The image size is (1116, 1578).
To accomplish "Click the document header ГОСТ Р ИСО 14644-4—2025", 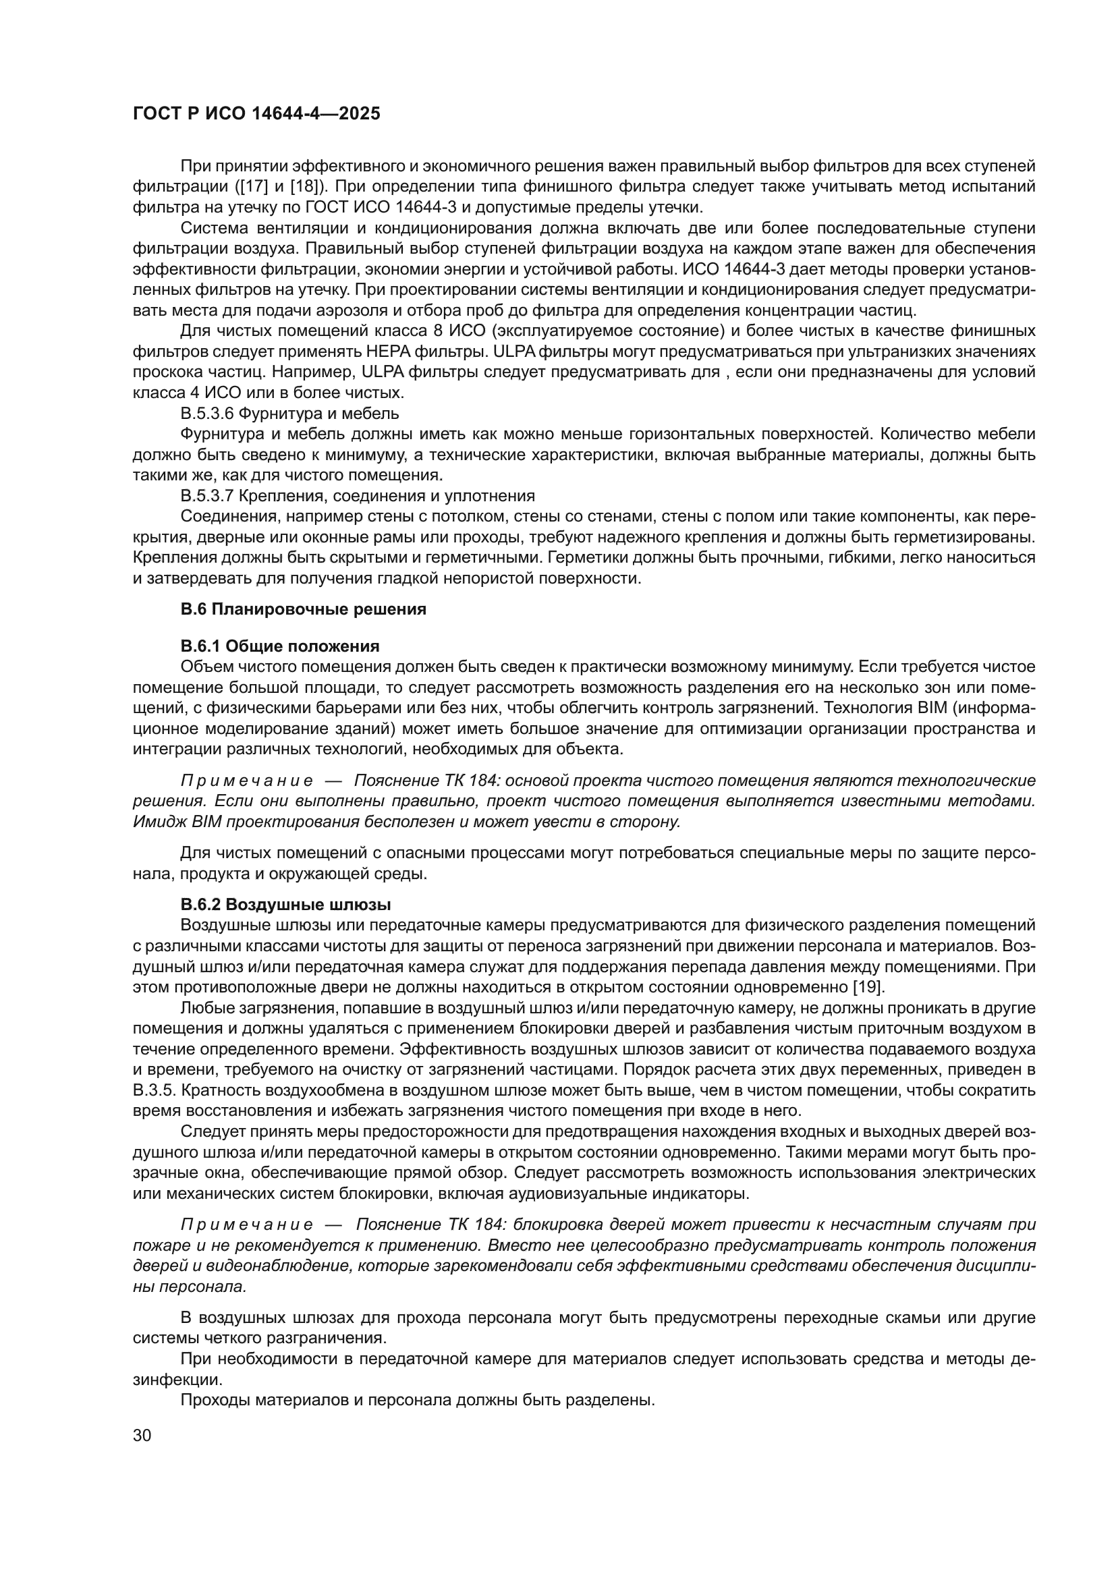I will [256, 114].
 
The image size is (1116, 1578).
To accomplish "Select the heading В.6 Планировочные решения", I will [303, 609].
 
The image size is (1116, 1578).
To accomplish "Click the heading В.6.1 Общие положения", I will [280, 646].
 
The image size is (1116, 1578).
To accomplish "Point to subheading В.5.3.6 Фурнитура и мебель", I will [289, 414].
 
